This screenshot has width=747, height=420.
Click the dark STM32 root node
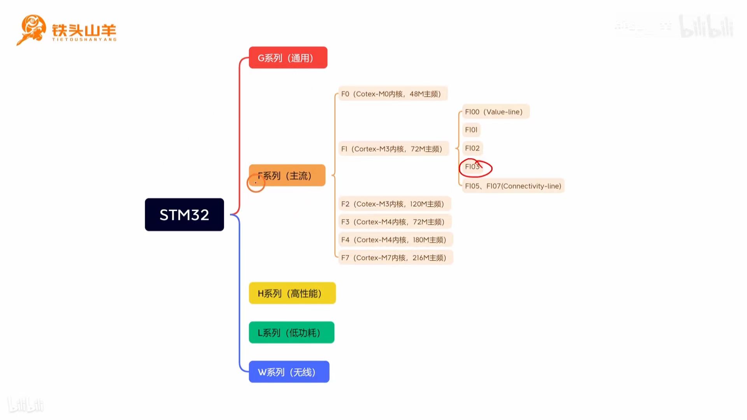pyautogui.click(x=184, y=215)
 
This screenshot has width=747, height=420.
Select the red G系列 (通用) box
pyautogui.click(x=288, y=58)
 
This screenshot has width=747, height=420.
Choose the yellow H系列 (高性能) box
pyautogui.click(x=292, y=293)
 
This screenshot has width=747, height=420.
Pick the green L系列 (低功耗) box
pyautogui.click(x=291, y=332)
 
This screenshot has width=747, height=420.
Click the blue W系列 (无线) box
pyautogui.click(x=289, y=372)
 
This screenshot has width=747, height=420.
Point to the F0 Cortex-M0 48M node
pyautogui.click(x=393, y=94)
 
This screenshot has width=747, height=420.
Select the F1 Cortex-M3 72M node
pyautogui.click(x=393, y=149)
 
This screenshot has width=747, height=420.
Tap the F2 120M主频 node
pyautogui.click(x=394, y=204)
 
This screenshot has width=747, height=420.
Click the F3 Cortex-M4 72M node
pyautogui.click(x=395, y=222)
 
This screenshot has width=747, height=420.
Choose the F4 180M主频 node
pyautogui.click(x=395, y=240)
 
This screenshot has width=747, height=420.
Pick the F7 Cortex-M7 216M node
pyautogui.click(x=395, y=257)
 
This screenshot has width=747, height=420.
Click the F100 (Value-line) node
pyautogui.click(x=495, y=112)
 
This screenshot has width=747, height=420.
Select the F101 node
pyautogui.click(x=471, y=130)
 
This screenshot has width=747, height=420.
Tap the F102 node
pyautogui.click(x=472, y=148)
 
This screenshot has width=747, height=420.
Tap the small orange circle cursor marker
pyautogui.click(x=256, y=183)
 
